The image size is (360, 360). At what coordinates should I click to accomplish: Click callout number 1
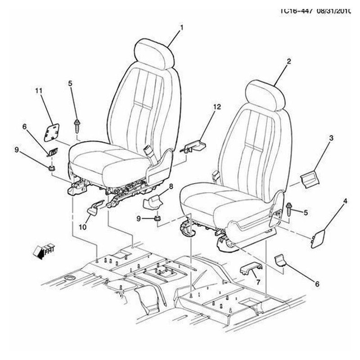click(x=182, y=28)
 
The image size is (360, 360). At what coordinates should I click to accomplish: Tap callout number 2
click(x=289, y=61)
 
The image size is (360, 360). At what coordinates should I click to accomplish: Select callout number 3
click(x=331, y=139)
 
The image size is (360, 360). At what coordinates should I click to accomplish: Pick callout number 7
click(x=258, y=282)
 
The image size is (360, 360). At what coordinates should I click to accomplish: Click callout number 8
click(x=171, y=186)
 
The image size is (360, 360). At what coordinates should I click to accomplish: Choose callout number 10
click(x=82, y=227)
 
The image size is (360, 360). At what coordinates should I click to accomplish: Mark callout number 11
click(x=39, y=91)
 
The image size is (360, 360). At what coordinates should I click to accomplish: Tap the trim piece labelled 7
click(x=251, y=270)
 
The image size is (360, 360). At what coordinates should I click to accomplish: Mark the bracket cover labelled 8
click(x=153, y=202)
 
